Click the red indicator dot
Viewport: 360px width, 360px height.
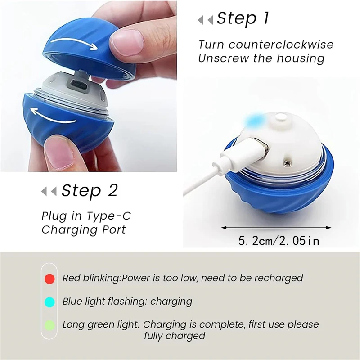coord(49,279)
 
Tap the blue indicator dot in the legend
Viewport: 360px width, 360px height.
coord(49,301)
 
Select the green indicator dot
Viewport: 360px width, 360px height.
coord(49,325)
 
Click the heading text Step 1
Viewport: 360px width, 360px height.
coord(243,18)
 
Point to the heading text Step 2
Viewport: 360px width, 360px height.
coord(90,190)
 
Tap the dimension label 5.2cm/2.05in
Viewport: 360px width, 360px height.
coord(279,241)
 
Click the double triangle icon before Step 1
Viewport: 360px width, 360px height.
coord(206,20)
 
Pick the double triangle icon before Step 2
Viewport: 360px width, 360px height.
coord(49,191)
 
